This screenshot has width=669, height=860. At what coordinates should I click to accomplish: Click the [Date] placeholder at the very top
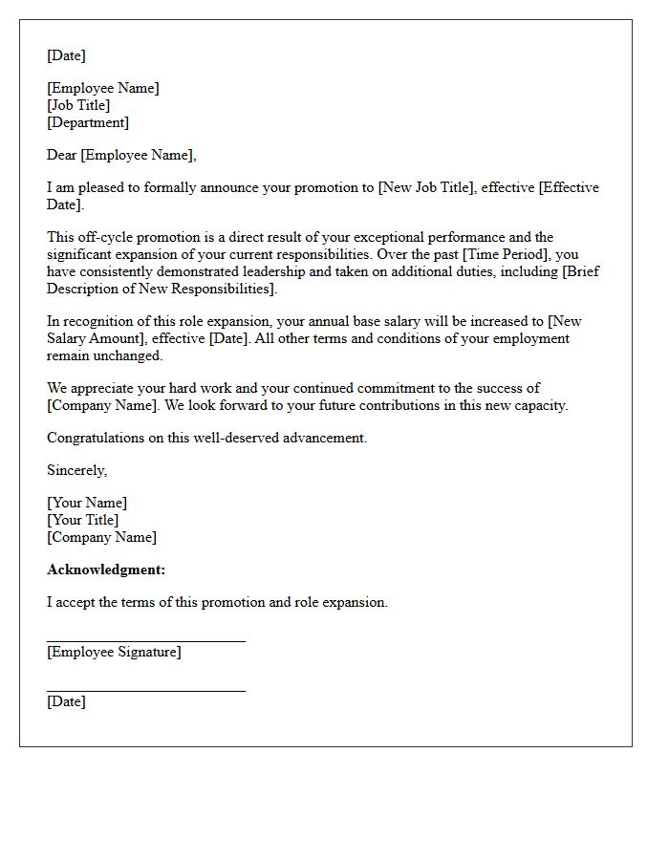pos(66,55)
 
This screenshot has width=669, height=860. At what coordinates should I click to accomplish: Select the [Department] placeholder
pos(88,122)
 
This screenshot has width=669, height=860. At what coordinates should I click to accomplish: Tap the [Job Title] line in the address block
pos(78,105)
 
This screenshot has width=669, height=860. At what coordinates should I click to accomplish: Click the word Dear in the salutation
pos(61,155)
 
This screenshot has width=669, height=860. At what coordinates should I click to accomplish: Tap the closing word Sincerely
pos(76,470)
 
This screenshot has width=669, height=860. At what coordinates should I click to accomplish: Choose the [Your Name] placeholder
pos(87,503)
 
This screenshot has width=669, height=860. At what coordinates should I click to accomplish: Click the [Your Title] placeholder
pos(83,520)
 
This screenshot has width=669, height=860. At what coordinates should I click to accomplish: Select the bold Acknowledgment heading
pos(106,570)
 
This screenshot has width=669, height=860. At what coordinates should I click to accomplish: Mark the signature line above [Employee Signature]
pos(146,641)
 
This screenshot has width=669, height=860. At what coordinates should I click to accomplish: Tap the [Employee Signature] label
pos(114,652)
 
